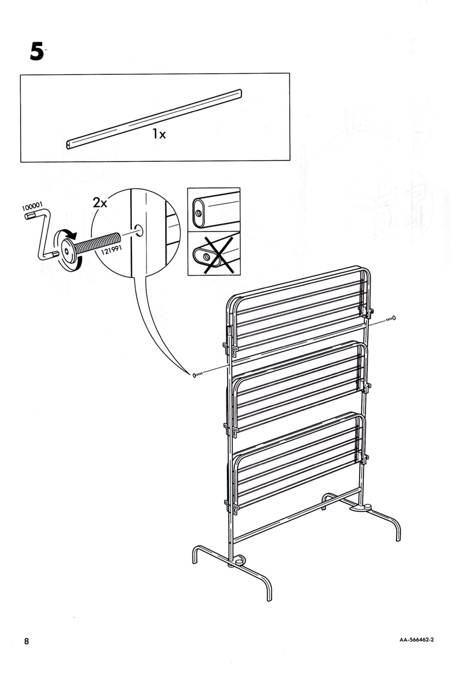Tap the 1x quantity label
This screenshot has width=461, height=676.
(x=159, y=134)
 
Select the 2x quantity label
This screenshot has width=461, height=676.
(x=100, y=202)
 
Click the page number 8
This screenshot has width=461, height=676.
(x=27, y=641)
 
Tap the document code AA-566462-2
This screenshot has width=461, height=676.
(x=417, y=640)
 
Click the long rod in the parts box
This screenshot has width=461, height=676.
(x=154, y=119)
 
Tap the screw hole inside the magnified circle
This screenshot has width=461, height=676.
(x=139, y=230)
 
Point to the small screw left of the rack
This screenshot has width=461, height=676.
(x=197, y=375)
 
